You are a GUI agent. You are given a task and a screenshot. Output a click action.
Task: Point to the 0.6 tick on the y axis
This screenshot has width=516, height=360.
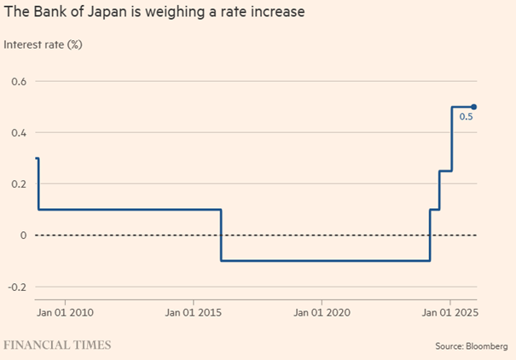pyautogui.click(x=19, y=82)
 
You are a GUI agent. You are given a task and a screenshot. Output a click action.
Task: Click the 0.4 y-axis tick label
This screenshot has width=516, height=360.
pyautogui.click(x=19, y=133)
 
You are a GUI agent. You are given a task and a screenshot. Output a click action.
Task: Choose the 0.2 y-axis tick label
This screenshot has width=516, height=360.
pyautogui.click(x=19, y=184)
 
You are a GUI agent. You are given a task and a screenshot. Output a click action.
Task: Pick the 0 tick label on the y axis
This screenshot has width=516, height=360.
pyautogui.click(x=22, y=235)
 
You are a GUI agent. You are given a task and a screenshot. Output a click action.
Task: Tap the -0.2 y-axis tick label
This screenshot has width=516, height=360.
pyautogui.click(x=17, y=287)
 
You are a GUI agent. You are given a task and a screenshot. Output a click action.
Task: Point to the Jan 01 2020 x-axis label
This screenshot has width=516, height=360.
pyautogui.click(x=321, y=312)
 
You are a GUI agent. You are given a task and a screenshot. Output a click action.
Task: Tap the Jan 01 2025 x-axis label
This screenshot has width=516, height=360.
pyautogui.click(x=449, y=312)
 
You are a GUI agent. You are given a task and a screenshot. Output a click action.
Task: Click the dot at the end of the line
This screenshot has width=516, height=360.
pyautogui.click(x=473, y=107)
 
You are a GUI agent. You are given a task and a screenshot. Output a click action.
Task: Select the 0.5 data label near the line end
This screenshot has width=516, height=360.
pyautogui.click(x=466, y=118)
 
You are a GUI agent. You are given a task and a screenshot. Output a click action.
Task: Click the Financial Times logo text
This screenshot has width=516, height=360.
pyautogui.click(x=56, y=345)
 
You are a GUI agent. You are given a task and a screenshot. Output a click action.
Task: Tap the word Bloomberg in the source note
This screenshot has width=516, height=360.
pyautogui.click(x=487, y=346)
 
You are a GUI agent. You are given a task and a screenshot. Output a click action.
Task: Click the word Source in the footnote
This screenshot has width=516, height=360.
pyautogui.click(x=449, y=346)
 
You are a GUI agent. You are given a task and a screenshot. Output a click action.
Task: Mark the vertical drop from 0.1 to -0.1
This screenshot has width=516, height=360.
pyautogui.click(x=222, y=235)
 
